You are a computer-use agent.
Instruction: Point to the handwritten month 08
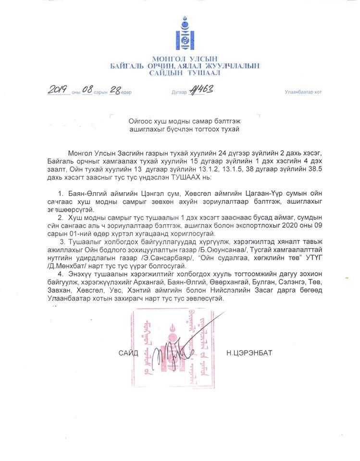(87, 90)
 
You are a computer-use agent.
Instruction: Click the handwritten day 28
(115, 90)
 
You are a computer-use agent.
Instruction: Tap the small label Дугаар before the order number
(179, 92)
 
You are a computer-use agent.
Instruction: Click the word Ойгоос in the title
(140, 121)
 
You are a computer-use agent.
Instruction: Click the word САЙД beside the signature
(128, 353)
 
